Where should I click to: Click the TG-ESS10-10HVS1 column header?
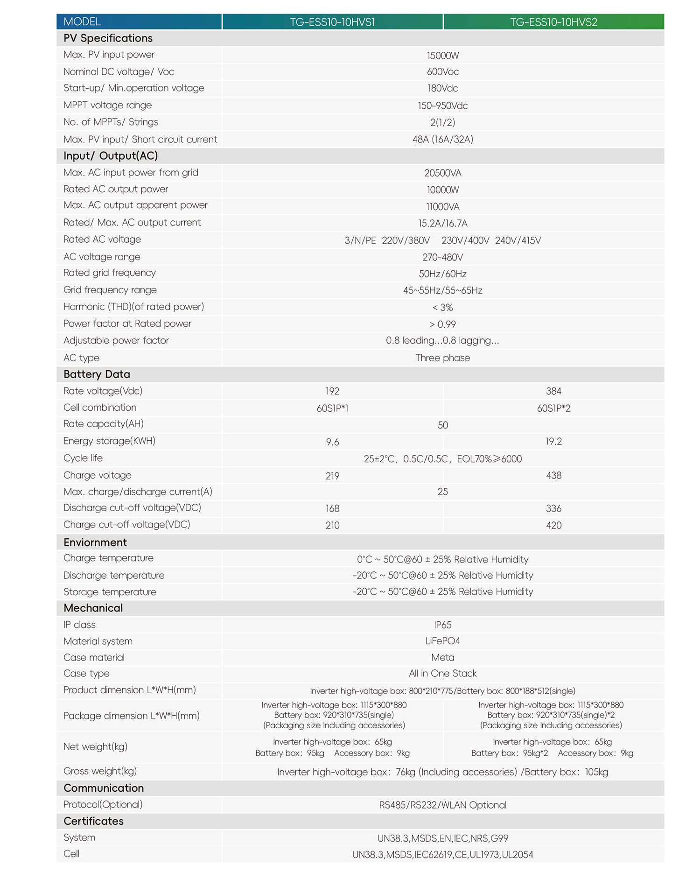pos(332,22)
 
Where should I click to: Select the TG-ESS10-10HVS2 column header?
pos(553,22)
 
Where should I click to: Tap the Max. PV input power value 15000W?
pos(442,56)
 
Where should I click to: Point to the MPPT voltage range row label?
pos(108,105)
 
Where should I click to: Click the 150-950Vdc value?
pos(442,105)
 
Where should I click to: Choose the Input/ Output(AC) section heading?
pos(111,156)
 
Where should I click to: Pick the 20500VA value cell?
pos(442,173)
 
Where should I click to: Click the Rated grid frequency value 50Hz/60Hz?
pos(442,274)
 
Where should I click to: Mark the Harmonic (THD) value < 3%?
pos(442,308)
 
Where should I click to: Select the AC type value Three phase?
pos(442,358)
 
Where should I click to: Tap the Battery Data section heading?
pos(97,374)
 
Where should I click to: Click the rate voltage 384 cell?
pos(553,391)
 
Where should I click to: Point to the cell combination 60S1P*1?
pos(332,408)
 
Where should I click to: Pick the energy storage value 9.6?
pos(332,442)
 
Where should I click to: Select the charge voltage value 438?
pos(553,476)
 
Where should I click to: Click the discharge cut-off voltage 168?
pos(332,509)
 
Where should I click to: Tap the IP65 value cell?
pos(442,625)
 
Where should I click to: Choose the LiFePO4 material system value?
pos(442,641)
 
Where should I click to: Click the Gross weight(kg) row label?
pos(100,771)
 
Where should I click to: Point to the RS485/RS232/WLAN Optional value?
pos(442,805)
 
